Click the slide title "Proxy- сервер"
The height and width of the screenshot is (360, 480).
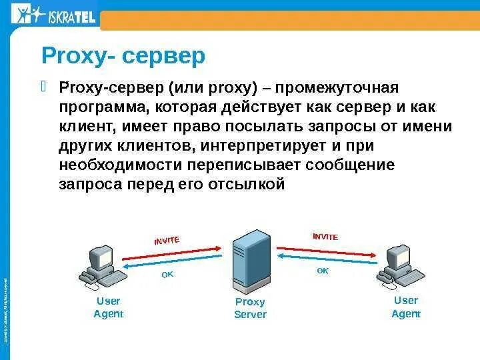123,56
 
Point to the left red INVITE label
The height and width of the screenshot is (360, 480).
167,241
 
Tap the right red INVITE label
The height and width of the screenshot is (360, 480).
325,237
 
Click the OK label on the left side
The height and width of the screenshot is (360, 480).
167,275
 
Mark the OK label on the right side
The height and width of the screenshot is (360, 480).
323,271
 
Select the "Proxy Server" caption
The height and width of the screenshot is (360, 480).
250,308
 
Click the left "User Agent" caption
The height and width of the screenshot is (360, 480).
108,307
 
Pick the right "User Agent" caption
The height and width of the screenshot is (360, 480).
405,307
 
